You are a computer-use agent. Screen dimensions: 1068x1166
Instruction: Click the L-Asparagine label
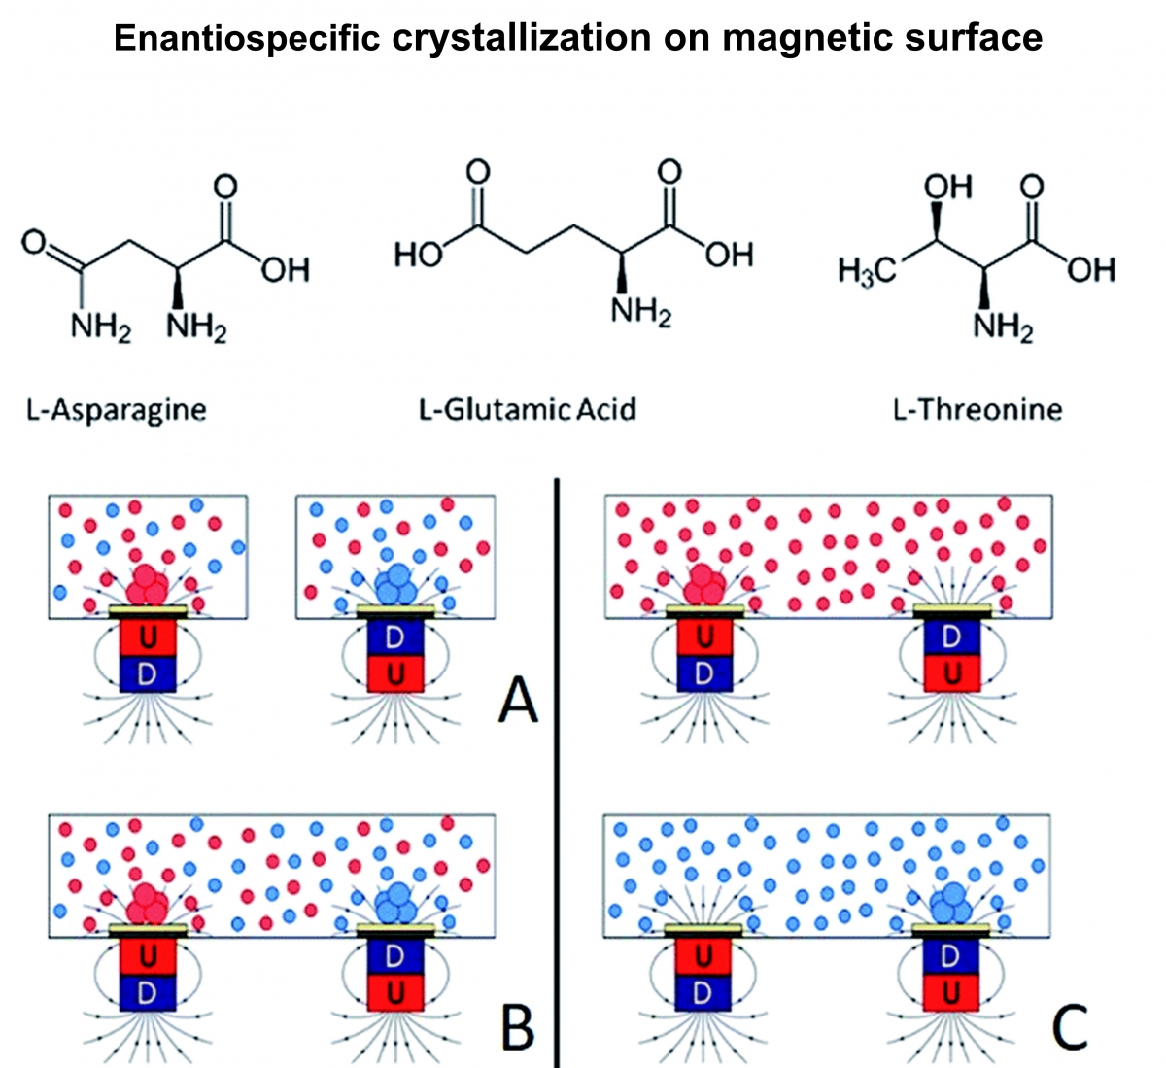tap(116, 409)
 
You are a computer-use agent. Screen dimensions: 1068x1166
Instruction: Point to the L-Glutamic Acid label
tap(528, 409)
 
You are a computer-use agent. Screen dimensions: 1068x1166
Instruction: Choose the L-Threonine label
tap(977, 409)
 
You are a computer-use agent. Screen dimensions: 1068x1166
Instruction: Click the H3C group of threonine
tap(867, 271)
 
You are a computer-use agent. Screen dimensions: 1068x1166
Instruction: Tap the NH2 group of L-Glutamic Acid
tap(641, 314)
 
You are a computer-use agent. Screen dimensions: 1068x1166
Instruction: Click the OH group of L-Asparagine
tap(284, 269)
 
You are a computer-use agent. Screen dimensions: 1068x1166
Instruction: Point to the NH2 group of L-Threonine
tap(1004, 328)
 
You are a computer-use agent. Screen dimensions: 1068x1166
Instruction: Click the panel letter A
tap(517, 699)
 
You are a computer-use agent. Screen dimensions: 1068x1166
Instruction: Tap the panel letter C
tap(1069, 1026)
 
